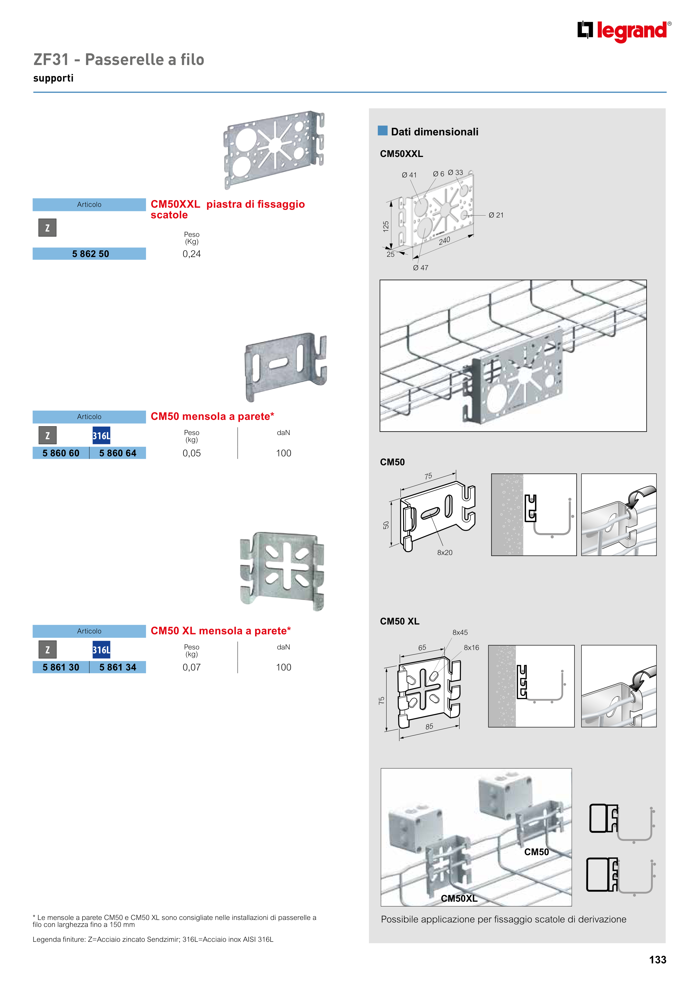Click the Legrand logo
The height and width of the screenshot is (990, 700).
click(x=624, y=31)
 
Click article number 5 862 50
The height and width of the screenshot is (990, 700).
click(x=91, y=254)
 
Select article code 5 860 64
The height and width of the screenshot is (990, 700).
click(x=118, y=453)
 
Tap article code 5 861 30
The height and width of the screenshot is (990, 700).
click(x=61, y=667)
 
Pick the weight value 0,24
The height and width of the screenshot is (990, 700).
click(x=191, y=254)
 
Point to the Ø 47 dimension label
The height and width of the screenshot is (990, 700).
click(x=421, y=268)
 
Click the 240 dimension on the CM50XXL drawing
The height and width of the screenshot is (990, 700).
click(x=445, y=240)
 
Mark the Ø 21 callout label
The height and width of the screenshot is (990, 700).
click(x=496, y=215)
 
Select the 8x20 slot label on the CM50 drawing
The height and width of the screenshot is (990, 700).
click(x=445, y=553)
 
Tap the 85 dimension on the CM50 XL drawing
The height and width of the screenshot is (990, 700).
click(x=429, y=727)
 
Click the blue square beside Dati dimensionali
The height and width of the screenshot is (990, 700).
click(x=383, y=131)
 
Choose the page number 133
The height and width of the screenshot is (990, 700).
click(x=658, y=960)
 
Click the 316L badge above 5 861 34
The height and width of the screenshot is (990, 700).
click(x=101, y=650)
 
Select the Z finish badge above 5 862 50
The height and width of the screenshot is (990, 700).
click(x=47, y=228)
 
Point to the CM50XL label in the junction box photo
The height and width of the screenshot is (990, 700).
click(x=459, y=899)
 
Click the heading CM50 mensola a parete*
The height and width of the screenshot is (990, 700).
click(x=212, y=417)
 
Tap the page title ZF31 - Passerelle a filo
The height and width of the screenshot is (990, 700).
click(x=119, y=59)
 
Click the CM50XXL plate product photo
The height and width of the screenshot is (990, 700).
click(x=274, y=150)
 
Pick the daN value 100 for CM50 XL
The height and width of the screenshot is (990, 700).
click(x=283, y=667)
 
